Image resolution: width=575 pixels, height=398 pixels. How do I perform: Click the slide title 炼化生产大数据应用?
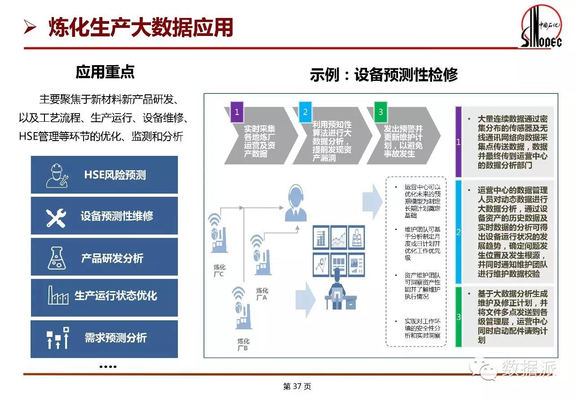tap(141, 27)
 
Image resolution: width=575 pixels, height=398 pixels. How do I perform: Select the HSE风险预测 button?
tap(104, 175)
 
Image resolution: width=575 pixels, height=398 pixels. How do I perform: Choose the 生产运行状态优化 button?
tap(104, 296)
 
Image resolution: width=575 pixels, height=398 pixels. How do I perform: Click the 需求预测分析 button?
tap(104, 338)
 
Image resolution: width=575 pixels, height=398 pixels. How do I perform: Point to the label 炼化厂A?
tap(261, 293)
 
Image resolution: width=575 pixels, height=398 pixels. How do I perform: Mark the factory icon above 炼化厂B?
tap(241, 310)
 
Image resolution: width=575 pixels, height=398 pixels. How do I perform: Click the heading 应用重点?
tap(105, 72)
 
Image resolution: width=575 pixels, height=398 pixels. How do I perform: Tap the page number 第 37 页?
tap(297, 386)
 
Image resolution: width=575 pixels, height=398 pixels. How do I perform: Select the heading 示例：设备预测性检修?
tap(384, 75)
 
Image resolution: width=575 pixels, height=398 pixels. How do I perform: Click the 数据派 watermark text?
tap(529, 367)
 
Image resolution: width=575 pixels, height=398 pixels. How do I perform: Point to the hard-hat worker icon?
tap(57, 175)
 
